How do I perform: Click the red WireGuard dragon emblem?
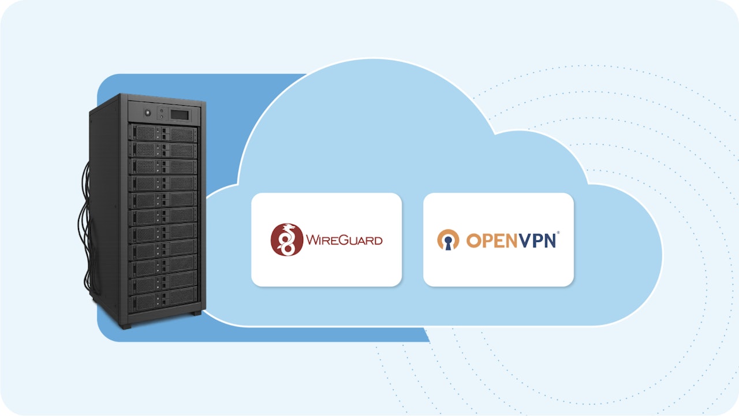pos(287,239)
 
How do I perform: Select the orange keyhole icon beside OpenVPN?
pos(448,240)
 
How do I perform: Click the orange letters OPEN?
pos(486,240)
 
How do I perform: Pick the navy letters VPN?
pos(536,240)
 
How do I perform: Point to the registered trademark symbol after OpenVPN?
pos(558,233)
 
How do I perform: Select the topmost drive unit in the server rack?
pos(163,133)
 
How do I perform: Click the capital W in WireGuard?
pos(312,240)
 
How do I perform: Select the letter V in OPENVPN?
pos(516,240)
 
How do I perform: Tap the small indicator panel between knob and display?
pos(162,111)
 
